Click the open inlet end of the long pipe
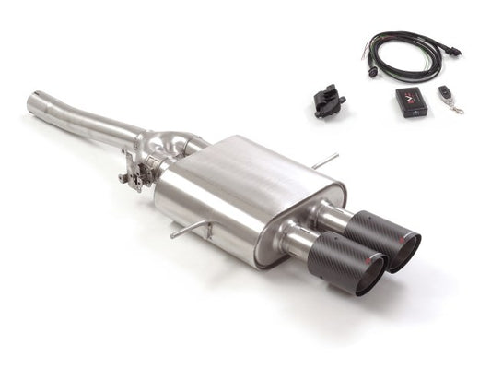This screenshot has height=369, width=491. (x=34, y=105)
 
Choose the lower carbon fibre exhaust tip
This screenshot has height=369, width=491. (x=344, y=268)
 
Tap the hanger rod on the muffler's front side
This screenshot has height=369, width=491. (x=189, y=228)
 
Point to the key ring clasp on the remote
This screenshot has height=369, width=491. (x=457, y=109)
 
